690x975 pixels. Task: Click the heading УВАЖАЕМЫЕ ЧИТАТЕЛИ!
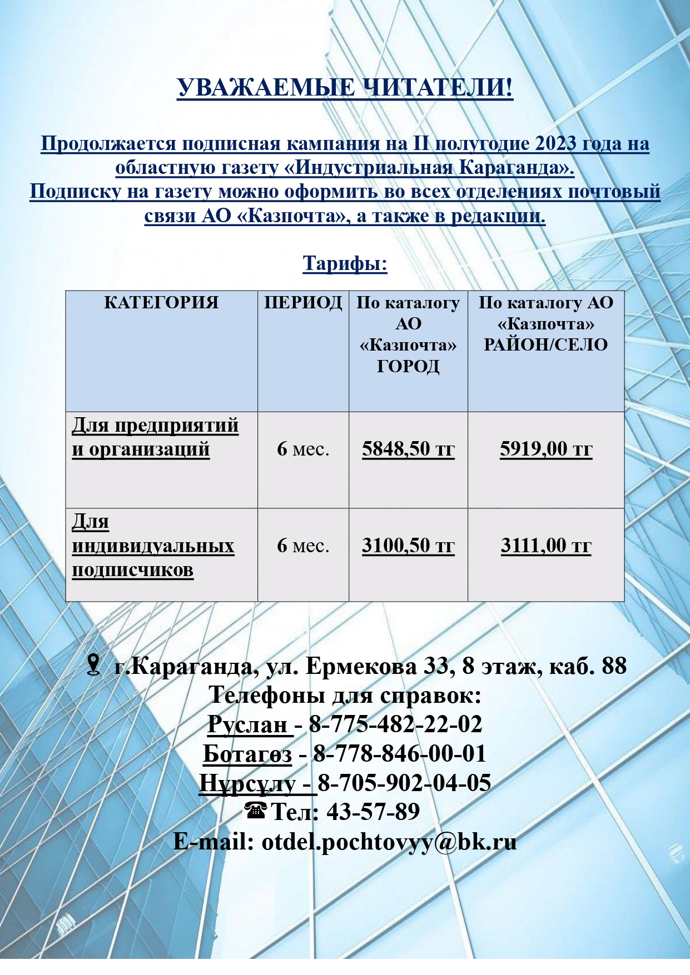(345, 88)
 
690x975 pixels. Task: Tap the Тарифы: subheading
(345, 263)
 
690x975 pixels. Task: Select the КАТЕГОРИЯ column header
(161, 303)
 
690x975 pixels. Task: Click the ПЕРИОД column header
(303, 303)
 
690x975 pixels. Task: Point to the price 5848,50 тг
(408, 449)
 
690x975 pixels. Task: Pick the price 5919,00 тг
(546, 449)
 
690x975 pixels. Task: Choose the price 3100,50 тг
(408, 546)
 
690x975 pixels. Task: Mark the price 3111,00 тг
(546, 546)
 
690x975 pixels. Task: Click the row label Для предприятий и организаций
(155, 437)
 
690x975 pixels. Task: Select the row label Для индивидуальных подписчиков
(153, 546)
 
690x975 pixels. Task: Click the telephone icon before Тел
(256, 811)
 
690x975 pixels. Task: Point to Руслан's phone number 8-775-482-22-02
(395, 724)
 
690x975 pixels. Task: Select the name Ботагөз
(247, 754)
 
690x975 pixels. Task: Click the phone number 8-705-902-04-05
(404, 783)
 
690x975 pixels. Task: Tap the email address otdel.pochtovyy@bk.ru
(389, 842)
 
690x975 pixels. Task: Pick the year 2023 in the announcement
(555, 144)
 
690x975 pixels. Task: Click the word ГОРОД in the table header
(408, 366)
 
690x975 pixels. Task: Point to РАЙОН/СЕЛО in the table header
(546, 345)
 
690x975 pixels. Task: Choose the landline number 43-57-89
(373, 812)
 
